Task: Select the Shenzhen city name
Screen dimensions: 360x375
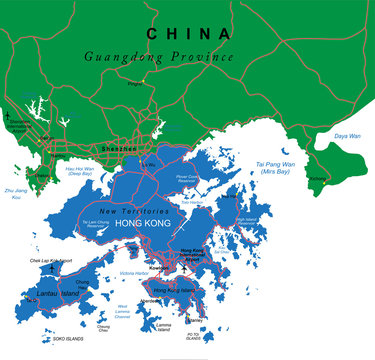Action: coord(119,150)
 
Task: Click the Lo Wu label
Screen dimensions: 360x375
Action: coord(151,162)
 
